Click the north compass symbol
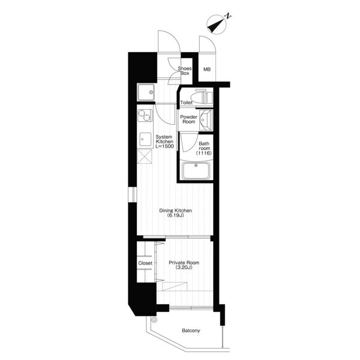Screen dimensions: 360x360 pyautogui.click(x=217, y=25)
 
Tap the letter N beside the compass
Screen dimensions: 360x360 pyautogui.click(x=228, y=16)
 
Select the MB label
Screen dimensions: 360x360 pyautogui.click(x=207, y=69)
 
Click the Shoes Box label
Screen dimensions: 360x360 pyautogui.click(x=185, y=71)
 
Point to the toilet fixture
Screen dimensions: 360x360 pyautogui.click(x=203, y=97)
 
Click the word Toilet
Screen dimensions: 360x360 pyautogui.click(x=186, y=103)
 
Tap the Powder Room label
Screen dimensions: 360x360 pyautogui.click(x=189, y=119)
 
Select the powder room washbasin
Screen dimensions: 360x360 pyautogui.click(x=206, y=119)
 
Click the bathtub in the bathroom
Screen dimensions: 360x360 pyautogui.click(x=196, y=170)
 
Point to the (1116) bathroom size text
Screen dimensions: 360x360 pyautogui.click(x=203, y=153)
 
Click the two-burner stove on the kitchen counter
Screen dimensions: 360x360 pyautogui.click(x=145, y=115)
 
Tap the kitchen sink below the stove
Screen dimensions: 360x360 pyautogui.click(x=145, y=139)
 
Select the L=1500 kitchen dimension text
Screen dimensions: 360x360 pyautogui.click(x=164, y=146)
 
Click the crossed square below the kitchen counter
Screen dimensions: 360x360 pyautogui.click(x=145, y=156)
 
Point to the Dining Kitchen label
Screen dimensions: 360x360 pyautogui.click(x=176, y=211)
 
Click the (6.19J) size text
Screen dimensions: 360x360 pyautogui.click(x=176, y=215)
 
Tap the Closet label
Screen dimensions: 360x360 pyautogui.click(x=145, y=263)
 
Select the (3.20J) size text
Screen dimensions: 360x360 pyautogui.click(x=184, y=268)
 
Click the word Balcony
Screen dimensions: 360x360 pyautogui.click(x=191, y=331)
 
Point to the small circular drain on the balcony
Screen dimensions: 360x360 pyautogui.click(x=154, y=319)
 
